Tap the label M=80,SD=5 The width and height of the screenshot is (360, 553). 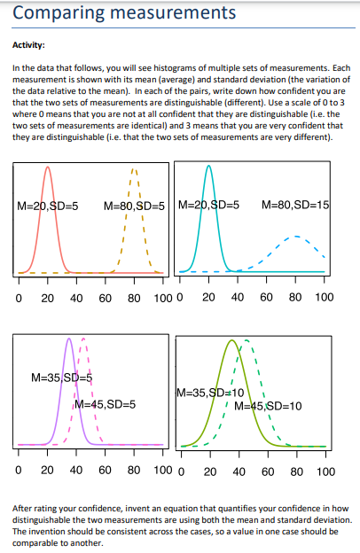135,206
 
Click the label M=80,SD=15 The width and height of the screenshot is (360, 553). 296,206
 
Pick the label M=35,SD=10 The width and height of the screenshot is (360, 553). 211,393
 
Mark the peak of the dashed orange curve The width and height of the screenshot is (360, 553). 134,168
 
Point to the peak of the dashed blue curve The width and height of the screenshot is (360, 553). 296,237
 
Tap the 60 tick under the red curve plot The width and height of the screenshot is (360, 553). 105,299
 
